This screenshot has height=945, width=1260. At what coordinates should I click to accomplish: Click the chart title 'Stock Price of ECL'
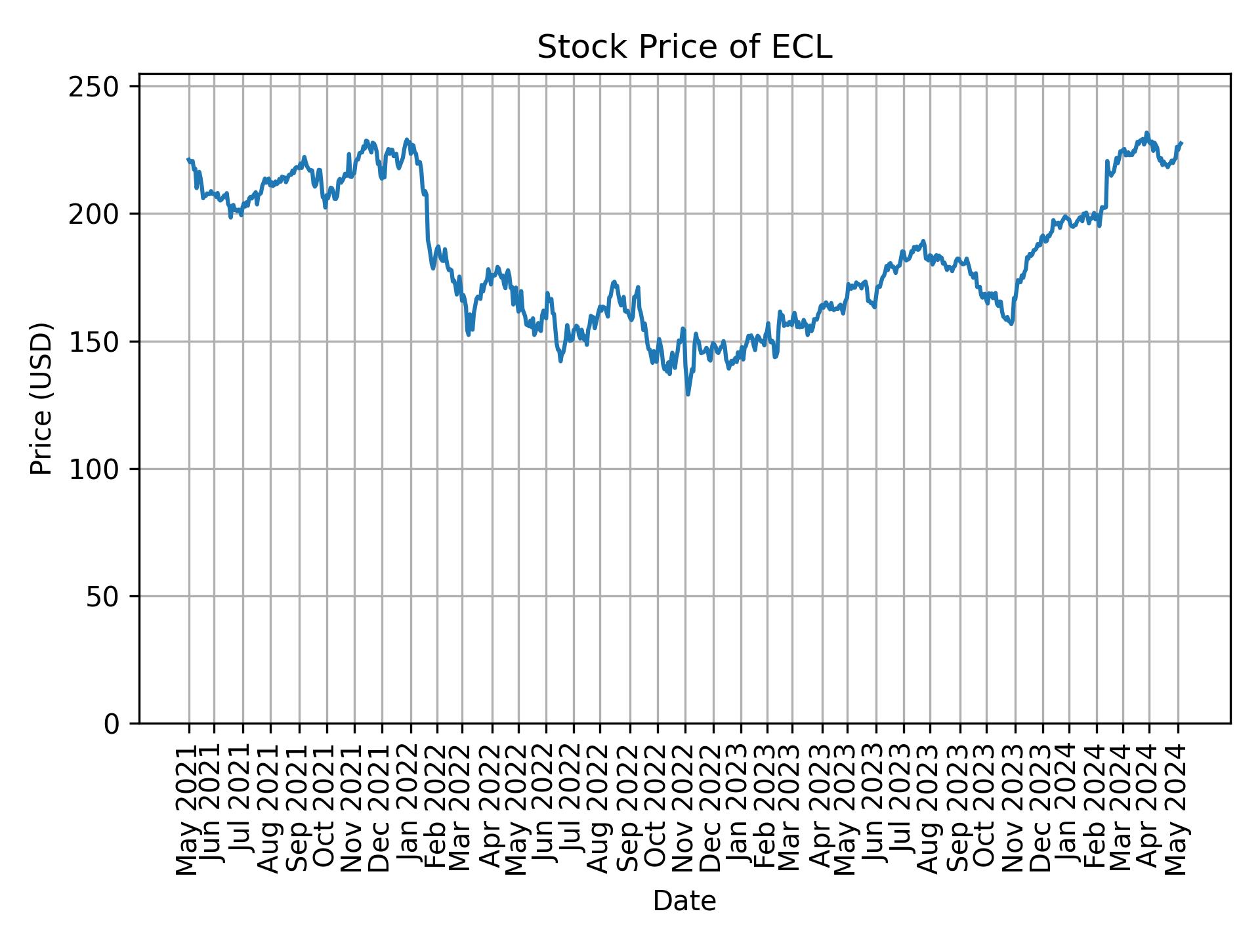(684, 47)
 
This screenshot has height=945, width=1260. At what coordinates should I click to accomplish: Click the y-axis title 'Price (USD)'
(41, 398)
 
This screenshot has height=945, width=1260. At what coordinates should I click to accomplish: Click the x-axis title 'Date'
(684, 901)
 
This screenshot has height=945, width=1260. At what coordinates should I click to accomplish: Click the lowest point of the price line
(688, 394)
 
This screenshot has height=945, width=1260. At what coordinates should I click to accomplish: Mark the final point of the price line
(1181, 142)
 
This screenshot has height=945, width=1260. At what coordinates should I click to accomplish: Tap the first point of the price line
(188, 159)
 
